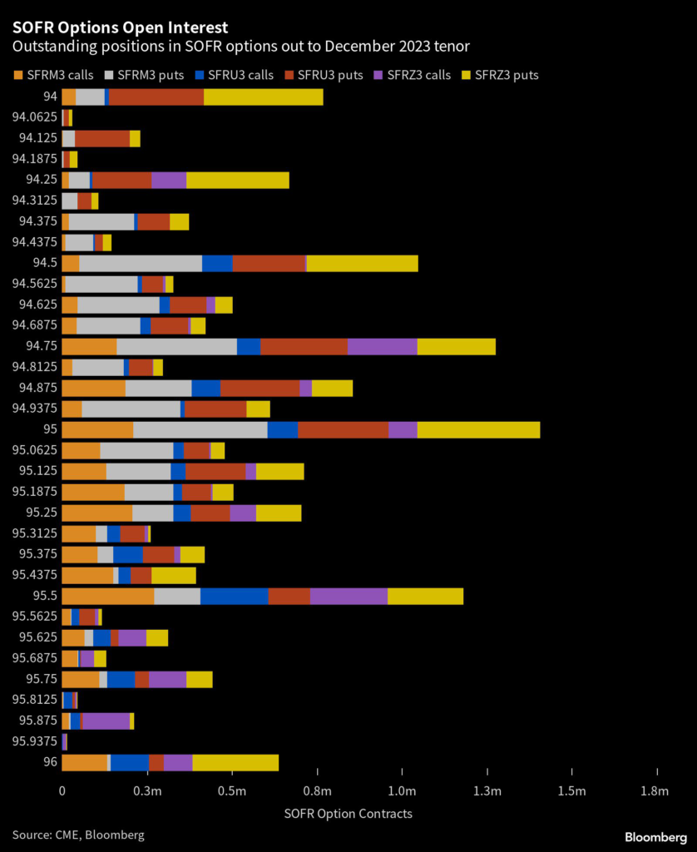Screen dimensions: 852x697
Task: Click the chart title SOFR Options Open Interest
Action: (x=121, y=28)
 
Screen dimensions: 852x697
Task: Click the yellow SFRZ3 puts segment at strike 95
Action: (x=478, y=429)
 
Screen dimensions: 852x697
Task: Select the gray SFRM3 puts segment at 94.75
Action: (x=176, y=346)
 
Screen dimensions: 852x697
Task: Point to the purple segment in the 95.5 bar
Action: (x=348, y=596)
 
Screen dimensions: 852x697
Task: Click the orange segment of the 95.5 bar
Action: (x=107, y=596)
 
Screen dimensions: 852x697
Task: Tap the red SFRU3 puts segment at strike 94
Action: (x=156, y=97)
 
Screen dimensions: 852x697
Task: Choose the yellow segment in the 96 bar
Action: (x=235, y=762)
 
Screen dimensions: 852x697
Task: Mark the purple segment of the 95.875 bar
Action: (x=106, y=721)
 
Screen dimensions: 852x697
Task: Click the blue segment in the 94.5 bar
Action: (x=217, y=263)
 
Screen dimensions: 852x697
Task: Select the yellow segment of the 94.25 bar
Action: (x=238, y=180)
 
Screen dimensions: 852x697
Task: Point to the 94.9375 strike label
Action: (x=35, y=409)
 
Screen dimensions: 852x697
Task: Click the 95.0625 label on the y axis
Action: (x=35, y=450)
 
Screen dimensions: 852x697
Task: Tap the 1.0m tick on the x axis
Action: (x=402, y=790)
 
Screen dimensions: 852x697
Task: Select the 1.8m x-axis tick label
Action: (x=656, y=790)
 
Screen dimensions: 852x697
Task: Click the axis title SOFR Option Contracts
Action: (x=348, y=813)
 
